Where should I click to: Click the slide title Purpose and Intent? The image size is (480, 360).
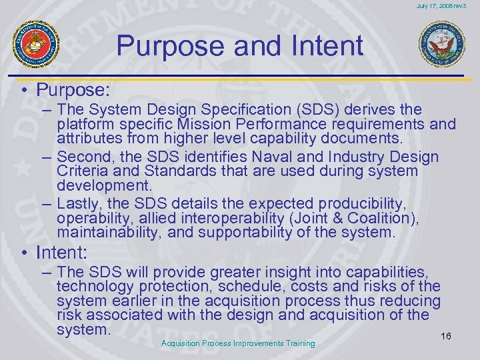[239, 46]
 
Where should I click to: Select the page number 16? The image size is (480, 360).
[446, 336]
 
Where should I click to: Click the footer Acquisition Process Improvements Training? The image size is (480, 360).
[238, 343]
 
